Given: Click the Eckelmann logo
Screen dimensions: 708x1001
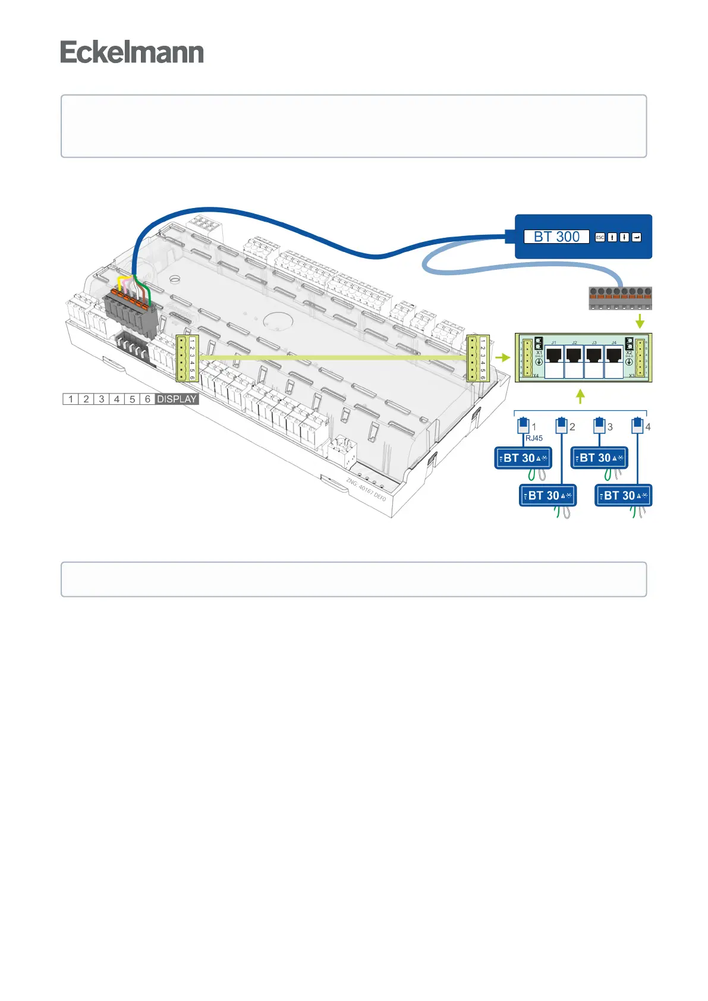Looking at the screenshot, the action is pyautogui.click(x=132, y=52).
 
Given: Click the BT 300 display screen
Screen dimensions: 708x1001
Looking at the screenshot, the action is pyautogui.click(x=556, y=237).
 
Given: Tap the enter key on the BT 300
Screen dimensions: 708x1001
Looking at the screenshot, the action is pyautogui.click(x=637, y=237).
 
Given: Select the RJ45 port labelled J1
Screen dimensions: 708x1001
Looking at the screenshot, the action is pyautogui.click(x=555, y=355).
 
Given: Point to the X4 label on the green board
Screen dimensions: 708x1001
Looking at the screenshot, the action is pyautogui.click(x=535, y=376).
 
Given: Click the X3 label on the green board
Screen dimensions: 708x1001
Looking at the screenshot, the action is pyautogui.click(x=632, y=376).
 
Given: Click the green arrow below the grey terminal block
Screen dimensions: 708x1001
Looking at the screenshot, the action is pyautogui.click(x=640, y=321).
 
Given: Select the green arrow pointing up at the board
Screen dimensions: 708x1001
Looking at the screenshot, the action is pyautogui.click(x=581, y=396).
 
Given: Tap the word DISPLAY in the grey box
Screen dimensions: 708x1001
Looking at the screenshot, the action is pyautogui.click(x=177, y=399).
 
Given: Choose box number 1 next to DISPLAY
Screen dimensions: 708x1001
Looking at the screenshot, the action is pyautogui.click(x=71, y=399).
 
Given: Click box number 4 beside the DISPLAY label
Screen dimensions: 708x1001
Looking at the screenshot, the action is pyautogui.click(x=117, y=399).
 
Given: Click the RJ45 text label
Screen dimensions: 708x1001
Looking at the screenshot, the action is pyautogui.click(x=534, y=438).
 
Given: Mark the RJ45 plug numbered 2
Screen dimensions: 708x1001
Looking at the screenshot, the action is pyautogui.click(x=562, y=426).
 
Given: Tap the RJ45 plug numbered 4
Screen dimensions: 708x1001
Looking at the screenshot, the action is pyautogui.click(x=638, y=426).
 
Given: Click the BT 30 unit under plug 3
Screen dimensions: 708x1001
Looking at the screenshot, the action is pyautogui.click(x=599, y=458).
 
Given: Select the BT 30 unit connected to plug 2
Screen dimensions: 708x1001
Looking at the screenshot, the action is pyautogui.click(x=548, y=496).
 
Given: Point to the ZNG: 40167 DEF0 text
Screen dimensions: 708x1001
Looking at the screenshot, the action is pyautogui.click(x=366, y=490).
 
